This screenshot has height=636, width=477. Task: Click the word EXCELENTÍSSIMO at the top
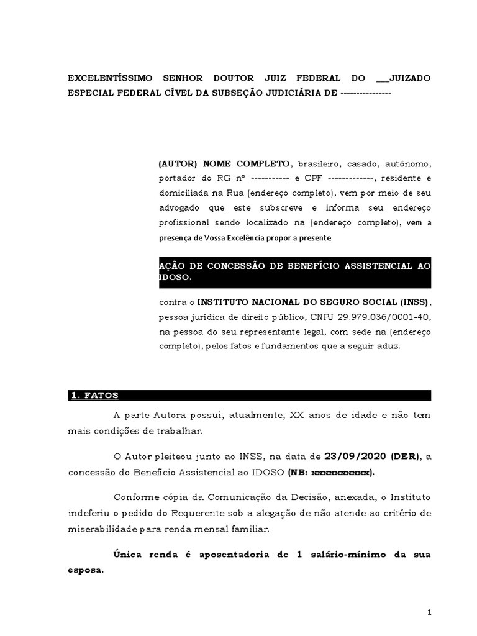[x=111, y=78]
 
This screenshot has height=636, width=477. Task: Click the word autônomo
[x=406, y=163]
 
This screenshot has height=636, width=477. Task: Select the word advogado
[x=178, y=208]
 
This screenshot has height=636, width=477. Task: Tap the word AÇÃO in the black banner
[x=171, y=266]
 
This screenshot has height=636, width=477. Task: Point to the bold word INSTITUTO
[x=225, y=302]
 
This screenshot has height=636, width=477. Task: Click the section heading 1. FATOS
[x=94, y=396]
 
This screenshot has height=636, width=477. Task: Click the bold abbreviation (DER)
[x=406, y=457]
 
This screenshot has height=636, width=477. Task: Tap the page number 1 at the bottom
[x=429, y=613]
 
